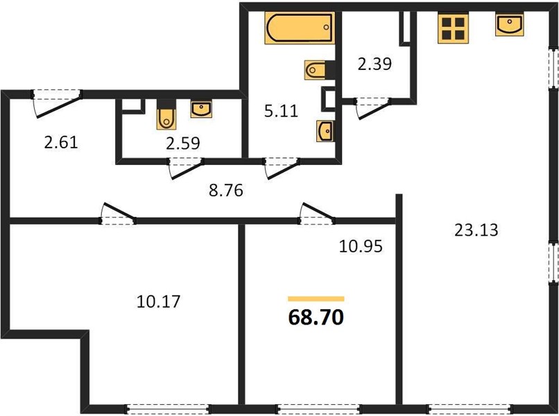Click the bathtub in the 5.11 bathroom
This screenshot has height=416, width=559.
[x=300, y=28]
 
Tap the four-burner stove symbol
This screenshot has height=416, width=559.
[x=453, y=28]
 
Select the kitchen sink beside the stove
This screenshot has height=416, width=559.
[x=510, y=24]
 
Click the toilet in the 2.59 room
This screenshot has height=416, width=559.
[x=166, y=115]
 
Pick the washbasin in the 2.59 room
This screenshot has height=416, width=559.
[x=201, y=109]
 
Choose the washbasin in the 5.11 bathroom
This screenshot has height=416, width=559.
[x=325, y=131]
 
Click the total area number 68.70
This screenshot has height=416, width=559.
[x=316, y=318]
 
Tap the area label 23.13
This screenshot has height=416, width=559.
[x=476, y=230]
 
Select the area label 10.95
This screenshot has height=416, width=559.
[x=361, y=246]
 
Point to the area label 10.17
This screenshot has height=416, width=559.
[x=159, y=302]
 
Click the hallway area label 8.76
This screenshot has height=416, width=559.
[x=226, y=191]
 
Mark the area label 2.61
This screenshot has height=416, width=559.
[x=61, y=143]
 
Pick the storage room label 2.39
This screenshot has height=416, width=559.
[x=375, y=64]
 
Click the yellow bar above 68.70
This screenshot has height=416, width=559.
[x=316, y=299]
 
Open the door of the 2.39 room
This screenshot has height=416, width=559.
[x=372, y=107]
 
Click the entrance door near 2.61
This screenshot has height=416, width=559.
[x=57, y=103]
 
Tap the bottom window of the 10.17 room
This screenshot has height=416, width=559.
[x=168, y=409]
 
